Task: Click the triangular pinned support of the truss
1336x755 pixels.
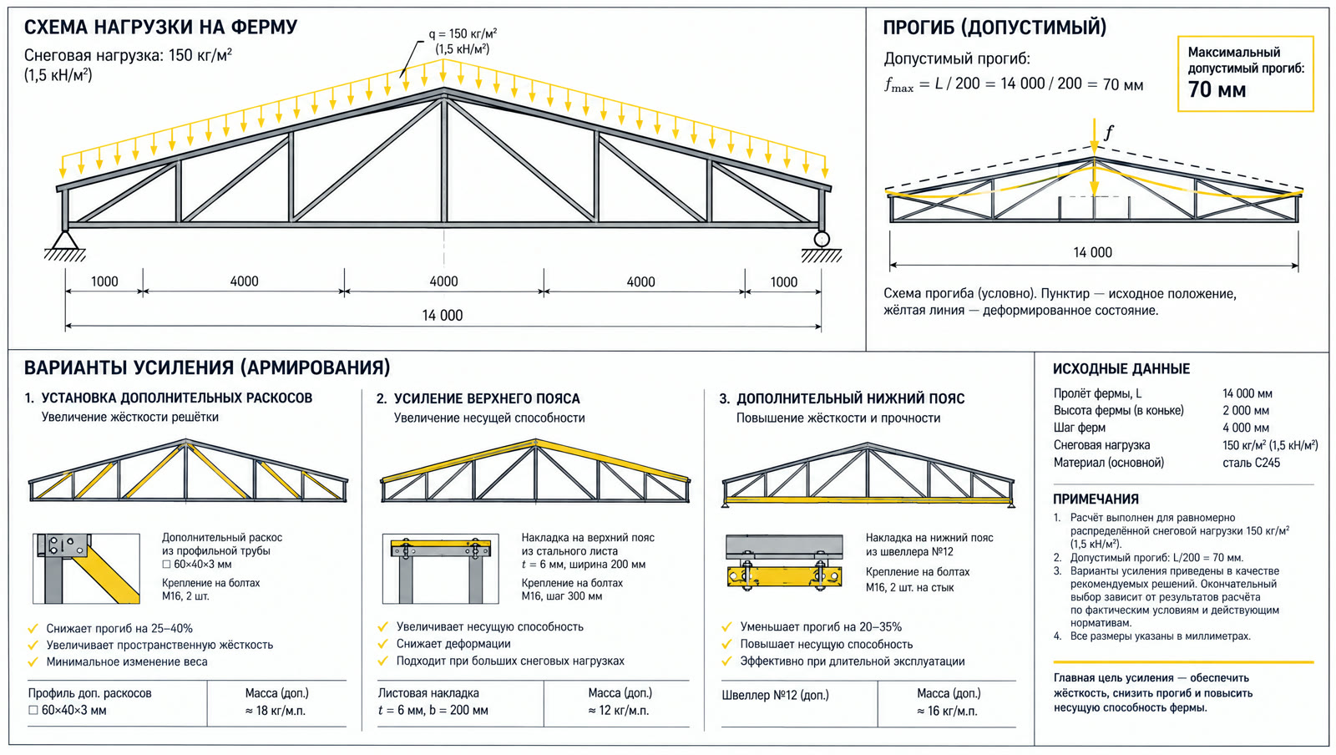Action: [65, 241]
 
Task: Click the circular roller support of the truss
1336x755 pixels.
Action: [822, 239]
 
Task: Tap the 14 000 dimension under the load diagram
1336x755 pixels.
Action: [442, 316]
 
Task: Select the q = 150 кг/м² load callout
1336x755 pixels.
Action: [463, 41]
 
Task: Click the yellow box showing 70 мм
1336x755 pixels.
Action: [1245, 74]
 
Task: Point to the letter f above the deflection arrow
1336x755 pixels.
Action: [1109, 132]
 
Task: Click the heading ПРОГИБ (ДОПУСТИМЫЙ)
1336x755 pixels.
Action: [994, 28]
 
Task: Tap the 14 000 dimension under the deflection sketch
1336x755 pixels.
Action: [1093, 252]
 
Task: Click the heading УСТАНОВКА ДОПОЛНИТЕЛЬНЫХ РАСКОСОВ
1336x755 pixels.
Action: [176, 398]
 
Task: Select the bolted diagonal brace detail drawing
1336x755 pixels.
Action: [87, 568]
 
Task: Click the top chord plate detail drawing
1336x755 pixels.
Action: [440, 568]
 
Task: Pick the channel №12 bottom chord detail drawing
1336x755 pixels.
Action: [784, 563]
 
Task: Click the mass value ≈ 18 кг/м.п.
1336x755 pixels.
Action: [275, 710]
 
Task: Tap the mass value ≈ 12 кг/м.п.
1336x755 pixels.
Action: [619, 710]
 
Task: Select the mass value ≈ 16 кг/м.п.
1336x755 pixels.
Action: [947, 711]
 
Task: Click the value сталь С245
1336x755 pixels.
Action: [1251, 463]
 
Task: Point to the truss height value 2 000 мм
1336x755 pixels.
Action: [1245, 410]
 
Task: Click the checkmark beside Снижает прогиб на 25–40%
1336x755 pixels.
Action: [33, 629]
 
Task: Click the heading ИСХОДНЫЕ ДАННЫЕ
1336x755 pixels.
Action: [1121, 368]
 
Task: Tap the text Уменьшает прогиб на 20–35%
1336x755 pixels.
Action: [821, 626]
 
